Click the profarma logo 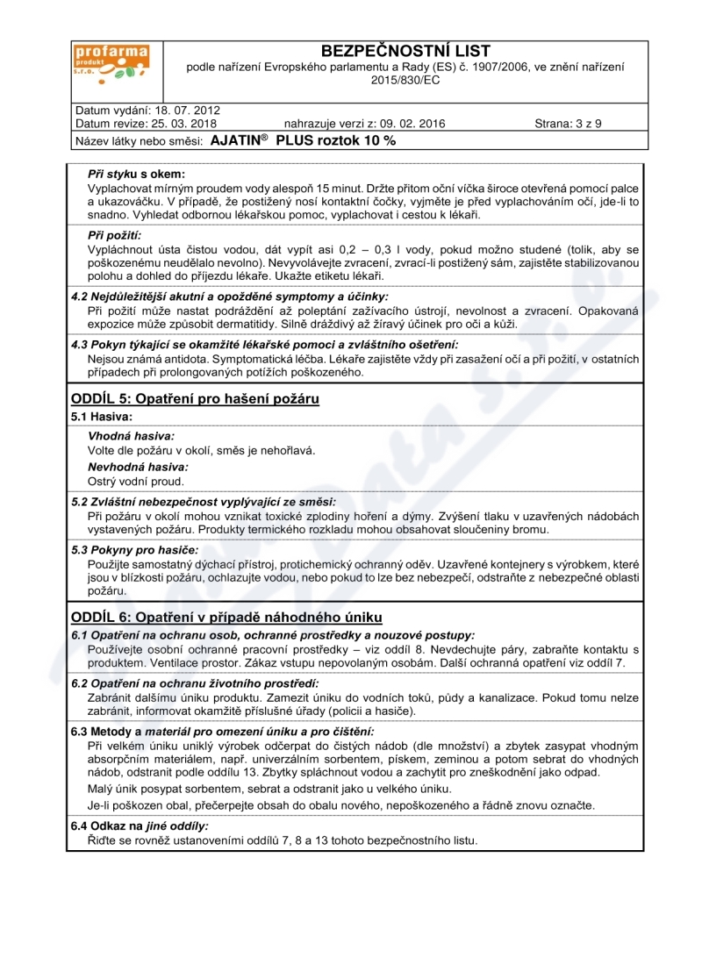click(111, 65)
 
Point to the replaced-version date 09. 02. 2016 click(408, 124)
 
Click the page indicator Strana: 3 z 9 click(568, 124)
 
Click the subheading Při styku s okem click(136, 175)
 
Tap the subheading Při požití click(115, 236)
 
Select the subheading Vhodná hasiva click(131, 436)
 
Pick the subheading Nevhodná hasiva click(138, 467)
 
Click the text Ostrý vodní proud click(136, 482)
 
